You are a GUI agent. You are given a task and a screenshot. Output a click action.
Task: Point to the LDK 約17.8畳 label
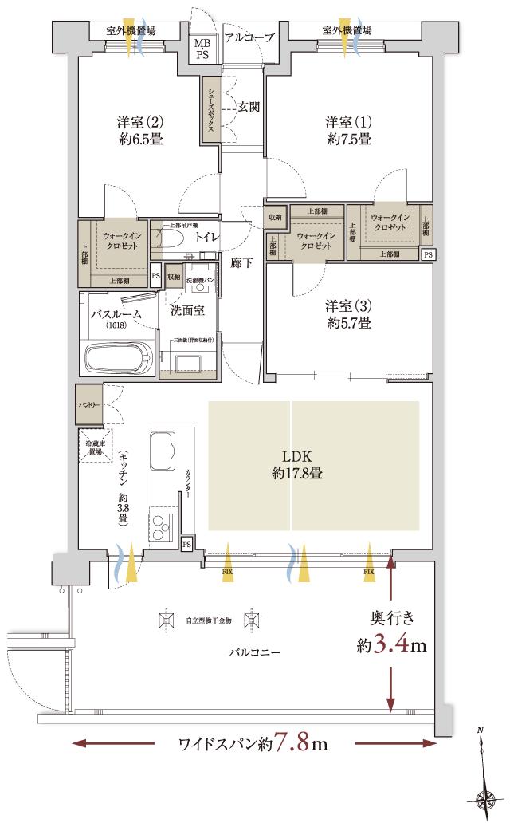289,463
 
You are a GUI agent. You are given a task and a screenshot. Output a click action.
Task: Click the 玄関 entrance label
250,106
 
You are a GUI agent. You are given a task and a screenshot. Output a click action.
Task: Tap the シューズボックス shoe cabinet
211,110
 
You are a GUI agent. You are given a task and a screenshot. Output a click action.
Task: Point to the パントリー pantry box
88,405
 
